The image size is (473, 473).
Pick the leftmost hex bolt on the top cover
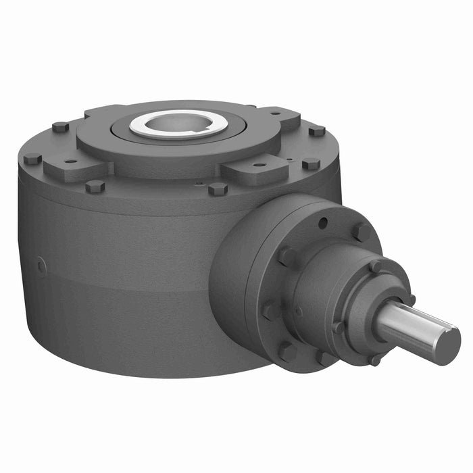(32, 159)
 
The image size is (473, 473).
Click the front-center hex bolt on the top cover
(217, 189)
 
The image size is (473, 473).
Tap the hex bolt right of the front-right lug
(310, 164)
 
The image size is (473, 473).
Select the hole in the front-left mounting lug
(70, 161)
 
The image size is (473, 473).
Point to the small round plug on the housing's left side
(41, 266)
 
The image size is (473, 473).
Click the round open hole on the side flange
(324, 220)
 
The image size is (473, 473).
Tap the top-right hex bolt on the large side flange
(362, 232)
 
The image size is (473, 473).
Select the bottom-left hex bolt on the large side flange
(286, 351)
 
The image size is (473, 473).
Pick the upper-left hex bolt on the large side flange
(286, 255)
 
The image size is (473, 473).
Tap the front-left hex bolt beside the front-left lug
(95, 186)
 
